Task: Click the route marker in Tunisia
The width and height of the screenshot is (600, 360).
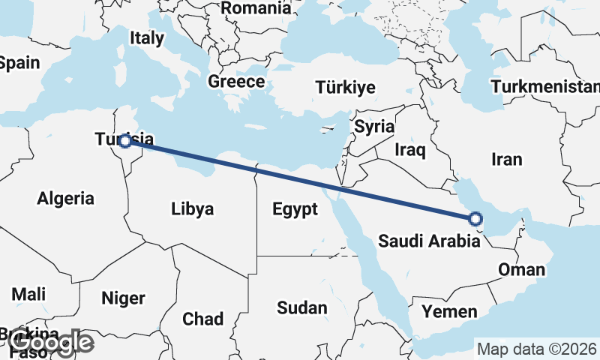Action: [x=125, y=141]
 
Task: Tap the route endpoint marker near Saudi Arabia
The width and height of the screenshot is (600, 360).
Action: [x=475, y=219]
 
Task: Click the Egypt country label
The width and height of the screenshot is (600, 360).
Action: [x=295, y=209]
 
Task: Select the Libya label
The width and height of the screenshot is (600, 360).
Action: [x=192, y=208]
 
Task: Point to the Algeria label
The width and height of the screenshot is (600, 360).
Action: [x=66, y=199]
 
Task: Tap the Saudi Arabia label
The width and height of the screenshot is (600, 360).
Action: [x=429, y=241]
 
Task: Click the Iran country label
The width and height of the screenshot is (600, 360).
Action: [x=506, y=159]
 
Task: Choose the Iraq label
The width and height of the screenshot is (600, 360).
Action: [x=410, y=151]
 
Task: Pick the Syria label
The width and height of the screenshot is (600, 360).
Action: [x=374, y=126]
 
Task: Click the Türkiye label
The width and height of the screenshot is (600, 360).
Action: [x=345, y=87]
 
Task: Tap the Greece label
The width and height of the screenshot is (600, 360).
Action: [x=236, y=82]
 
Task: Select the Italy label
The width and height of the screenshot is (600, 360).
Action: [x=146, y=38]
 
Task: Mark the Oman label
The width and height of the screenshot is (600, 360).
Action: [x=521, y=270]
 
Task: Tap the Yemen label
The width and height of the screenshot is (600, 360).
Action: [x=449, y=311]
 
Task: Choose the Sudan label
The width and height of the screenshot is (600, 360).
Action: [x=302, y=307]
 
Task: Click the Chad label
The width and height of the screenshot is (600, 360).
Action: [x=202, y=319]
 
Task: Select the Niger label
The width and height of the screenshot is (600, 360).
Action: [x=123, y=298]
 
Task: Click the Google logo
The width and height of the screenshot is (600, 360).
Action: [x=51, y=343]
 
